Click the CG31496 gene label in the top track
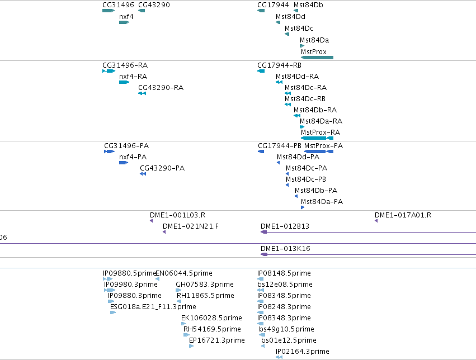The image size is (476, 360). (118, 5)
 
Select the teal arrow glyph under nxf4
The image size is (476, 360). (124, 22)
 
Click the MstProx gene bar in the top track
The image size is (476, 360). (317, 58)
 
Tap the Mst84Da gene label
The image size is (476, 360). (314, 40)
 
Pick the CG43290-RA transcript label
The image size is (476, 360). (161, 88)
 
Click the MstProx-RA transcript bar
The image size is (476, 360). (317, 138)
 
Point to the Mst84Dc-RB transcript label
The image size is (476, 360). (305, 99)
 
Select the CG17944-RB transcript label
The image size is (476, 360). (279, 65)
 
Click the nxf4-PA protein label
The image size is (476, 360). (133, 157)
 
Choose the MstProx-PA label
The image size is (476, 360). (324, 146)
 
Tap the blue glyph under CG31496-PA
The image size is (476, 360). (109, 151)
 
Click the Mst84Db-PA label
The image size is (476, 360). (316, 191)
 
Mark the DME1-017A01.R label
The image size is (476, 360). (403, 215)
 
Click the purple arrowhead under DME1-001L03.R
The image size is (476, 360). (151, 221)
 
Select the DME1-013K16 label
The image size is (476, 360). (285, 249)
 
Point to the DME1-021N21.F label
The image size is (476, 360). (191, 226)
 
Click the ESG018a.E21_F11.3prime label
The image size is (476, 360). (153, 307)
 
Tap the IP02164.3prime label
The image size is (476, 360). (303, 352)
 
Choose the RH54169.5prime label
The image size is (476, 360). (212, 329)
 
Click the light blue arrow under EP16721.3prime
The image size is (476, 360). (191, 346)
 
